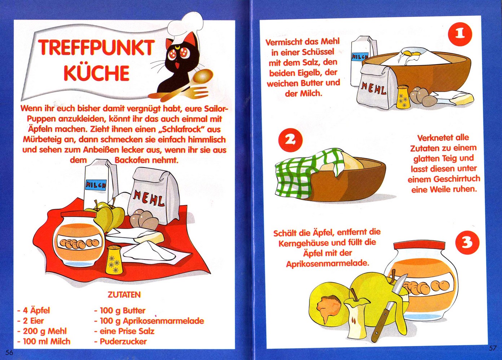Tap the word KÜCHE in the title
point(97,73)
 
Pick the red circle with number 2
point(290,140)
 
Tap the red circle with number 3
point(467,243)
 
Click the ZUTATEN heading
point(124,295)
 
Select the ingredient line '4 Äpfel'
point(34,310)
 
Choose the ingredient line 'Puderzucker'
point(120,342)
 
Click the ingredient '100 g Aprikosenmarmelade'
point(149,321)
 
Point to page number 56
point(9,352)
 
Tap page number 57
point(492,348)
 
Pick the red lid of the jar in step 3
point(419,246)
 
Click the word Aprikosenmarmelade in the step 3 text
point(328,264)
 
